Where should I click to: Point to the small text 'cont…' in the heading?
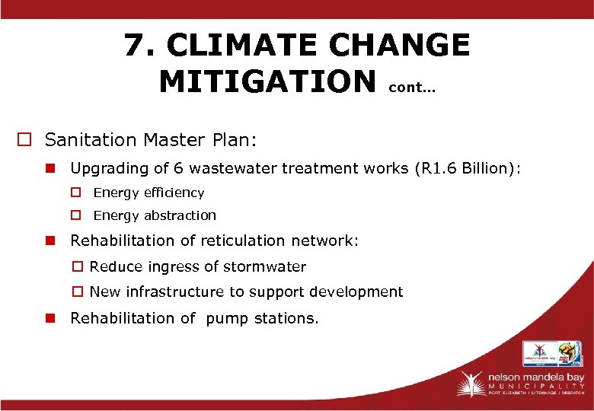pyautogui.click(x=412, y=88)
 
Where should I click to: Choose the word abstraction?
pyautogui.click(x=180, y=215)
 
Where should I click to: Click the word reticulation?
pyautogui.click(x=241, y=241)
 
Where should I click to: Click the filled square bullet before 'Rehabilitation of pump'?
pyautogui.click(x=50, y=318)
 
